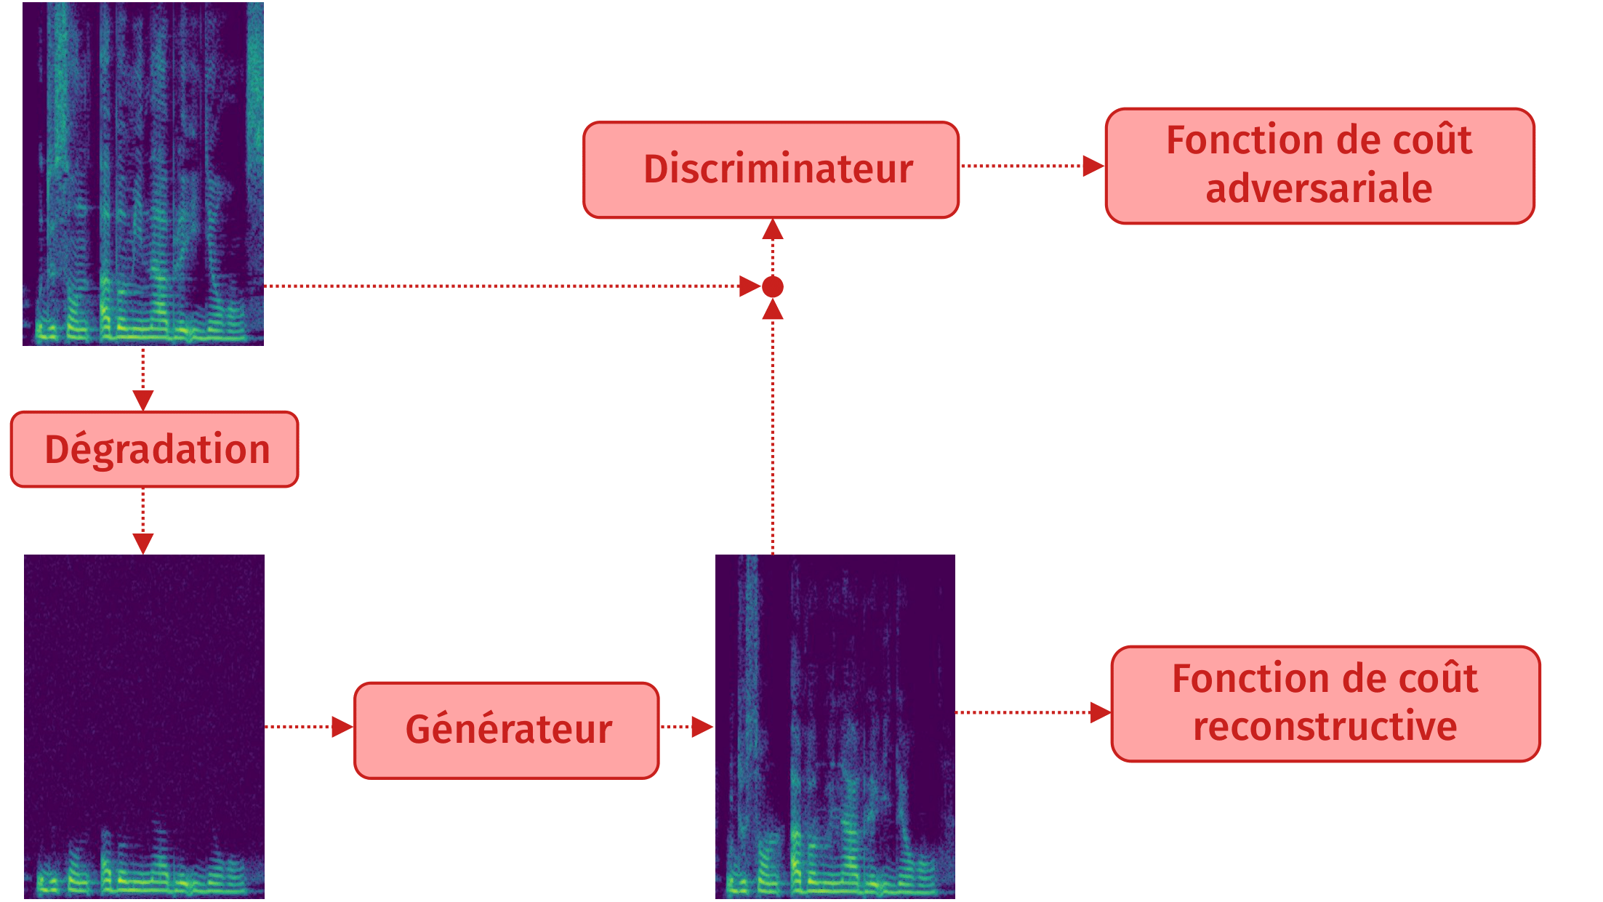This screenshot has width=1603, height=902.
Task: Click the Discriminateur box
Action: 771,169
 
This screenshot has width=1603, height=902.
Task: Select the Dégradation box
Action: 155,449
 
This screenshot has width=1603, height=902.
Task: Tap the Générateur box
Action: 507,730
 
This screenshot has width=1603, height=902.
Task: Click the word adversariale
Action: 1319,189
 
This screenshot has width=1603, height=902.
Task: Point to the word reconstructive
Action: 1325,727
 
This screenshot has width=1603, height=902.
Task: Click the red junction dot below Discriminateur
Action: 772,287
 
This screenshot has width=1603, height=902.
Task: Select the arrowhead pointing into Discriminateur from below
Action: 772,230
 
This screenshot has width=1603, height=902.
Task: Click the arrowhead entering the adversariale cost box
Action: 1093,166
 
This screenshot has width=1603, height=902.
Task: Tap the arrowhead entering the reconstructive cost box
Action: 1100,712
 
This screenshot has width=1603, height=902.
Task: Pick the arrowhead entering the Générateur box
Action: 342,727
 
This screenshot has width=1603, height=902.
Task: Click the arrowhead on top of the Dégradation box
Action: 143,400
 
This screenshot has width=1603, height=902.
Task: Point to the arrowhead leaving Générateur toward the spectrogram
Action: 702,727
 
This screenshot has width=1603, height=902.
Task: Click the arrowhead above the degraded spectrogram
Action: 143,543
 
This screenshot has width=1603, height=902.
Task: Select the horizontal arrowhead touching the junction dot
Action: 750,286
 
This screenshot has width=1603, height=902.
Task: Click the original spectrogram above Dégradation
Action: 143,174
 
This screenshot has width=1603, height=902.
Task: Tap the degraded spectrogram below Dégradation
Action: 144,726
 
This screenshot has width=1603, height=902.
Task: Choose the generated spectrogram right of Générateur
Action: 835,726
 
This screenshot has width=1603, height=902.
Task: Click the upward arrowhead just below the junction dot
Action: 772,310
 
